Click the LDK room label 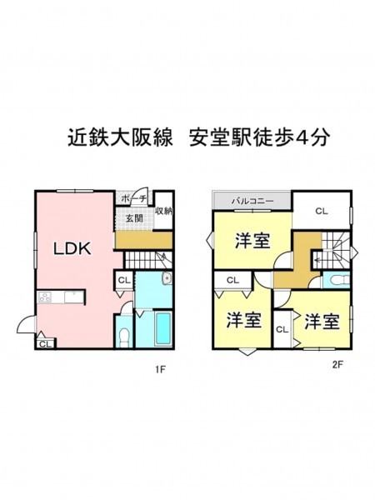point(72,248)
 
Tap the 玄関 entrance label point(134,218)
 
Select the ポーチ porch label point(134,199)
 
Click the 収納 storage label point(164,211)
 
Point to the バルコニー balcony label point(252,201)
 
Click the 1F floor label point(160,369)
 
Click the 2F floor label point(337,365)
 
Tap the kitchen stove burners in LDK point(45,297)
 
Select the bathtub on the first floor point(163,328)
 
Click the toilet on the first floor point(123,338)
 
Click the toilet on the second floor point(339,280)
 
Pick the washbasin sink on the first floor point(167,278)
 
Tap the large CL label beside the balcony point(322,211)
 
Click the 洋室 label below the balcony point(252,241)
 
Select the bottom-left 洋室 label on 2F point(244,320)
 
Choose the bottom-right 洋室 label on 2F point(322,322)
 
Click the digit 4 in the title point(302,138)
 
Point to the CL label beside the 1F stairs point(124,280)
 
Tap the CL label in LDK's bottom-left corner point(46,344)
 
